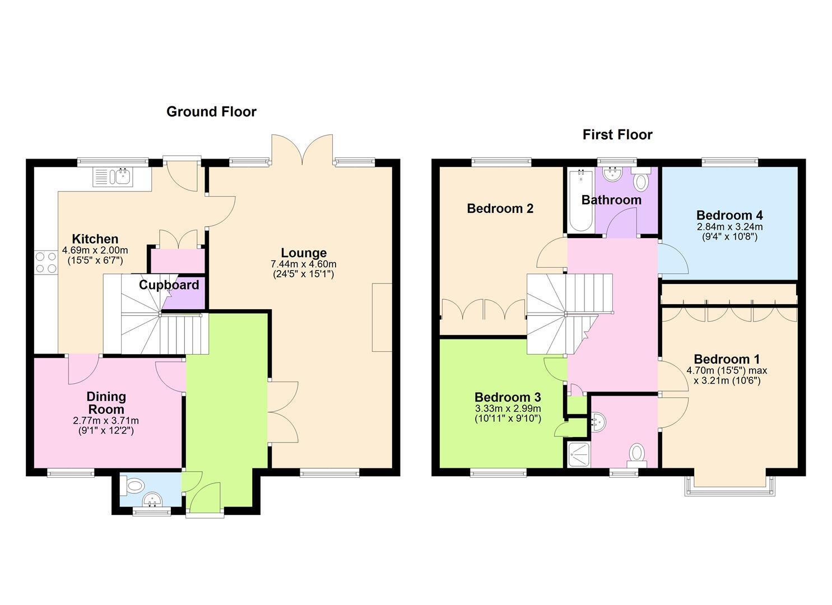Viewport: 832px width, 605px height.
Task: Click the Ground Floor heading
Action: point(211,112)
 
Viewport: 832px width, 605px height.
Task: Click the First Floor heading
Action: point(617,134)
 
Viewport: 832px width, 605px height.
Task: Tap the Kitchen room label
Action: point(95,239)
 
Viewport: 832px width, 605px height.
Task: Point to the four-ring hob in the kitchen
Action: point(47,262)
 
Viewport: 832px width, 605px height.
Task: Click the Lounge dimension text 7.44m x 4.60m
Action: point(304,264)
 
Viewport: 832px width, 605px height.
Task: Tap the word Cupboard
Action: point(169,285)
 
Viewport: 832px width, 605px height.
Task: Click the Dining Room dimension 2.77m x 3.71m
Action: point(106,421)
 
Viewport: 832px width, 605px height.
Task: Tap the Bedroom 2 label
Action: point(500,208)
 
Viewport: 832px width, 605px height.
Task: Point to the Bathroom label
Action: point(611,200)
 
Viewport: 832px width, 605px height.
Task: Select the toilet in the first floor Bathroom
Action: point(641,180)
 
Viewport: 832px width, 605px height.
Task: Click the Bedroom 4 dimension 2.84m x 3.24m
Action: point(729,226)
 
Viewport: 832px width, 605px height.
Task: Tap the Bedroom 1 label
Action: point(727,359)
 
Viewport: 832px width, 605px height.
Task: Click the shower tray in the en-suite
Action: point(579,454)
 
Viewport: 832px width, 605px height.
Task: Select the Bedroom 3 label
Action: point(508,397)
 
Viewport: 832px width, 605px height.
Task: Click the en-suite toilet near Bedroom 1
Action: point(636,455)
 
